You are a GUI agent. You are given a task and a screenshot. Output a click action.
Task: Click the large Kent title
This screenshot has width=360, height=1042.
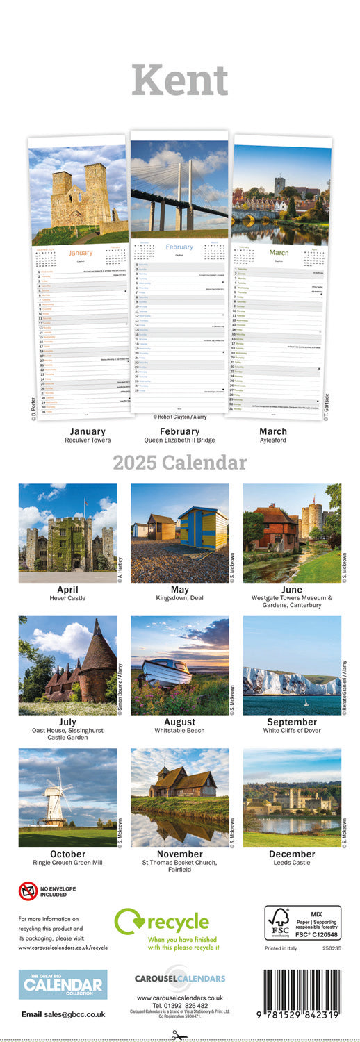[x=180, y=81]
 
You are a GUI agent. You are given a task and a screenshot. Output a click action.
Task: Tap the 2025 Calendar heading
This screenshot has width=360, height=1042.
[x=180, y=463]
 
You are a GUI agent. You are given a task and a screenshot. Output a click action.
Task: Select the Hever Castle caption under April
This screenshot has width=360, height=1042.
[x=67, y=598]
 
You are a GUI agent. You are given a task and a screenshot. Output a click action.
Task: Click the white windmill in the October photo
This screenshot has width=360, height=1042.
[x=56, y=798]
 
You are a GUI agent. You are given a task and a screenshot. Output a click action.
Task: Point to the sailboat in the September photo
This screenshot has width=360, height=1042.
[x=305, y=702]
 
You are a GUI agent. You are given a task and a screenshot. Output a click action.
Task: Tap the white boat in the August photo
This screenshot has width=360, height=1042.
[x=166, y=672]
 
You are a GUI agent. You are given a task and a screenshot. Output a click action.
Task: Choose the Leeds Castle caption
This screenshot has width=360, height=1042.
[x=292, y=863]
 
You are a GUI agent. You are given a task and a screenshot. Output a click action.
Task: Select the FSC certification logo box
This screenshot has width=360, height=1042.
[x=302, y=923]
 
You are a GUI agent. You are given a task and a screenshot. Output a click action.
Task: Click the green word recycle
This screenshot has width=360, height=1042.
[x=177, y=923]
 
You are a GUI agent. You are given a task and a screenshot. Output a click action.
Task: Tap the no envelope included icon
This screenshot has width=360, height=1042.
[x=28, y=891]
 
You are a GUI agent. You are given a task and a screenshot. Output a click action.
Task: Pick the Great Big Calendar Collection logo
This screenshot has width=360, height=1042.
[x=63, y=984]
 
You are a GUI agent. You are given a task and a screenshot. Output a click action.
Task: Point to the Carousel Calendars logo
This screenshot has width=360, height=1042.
[x=180, y=978]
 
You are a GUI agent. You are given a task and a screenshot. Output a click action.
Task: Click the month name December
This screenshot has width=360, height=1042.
[x=292, y=854]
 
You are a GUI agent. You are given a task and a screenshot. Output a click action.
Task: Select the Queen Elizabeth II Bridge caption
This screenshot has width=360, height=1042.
[x=179, y=440]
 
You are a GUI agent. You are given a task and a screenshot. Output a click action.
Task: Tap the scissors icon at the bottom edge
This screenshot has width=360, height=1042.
[x=180, y=1035]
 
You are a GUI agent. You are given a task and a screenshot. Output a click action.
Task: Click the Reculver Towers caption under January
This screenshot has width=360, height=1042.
[x=88, y=440]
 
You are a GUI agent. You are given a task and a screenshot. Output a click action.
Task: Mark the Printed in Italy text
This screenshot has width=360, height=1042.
[x=284, y=948]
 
